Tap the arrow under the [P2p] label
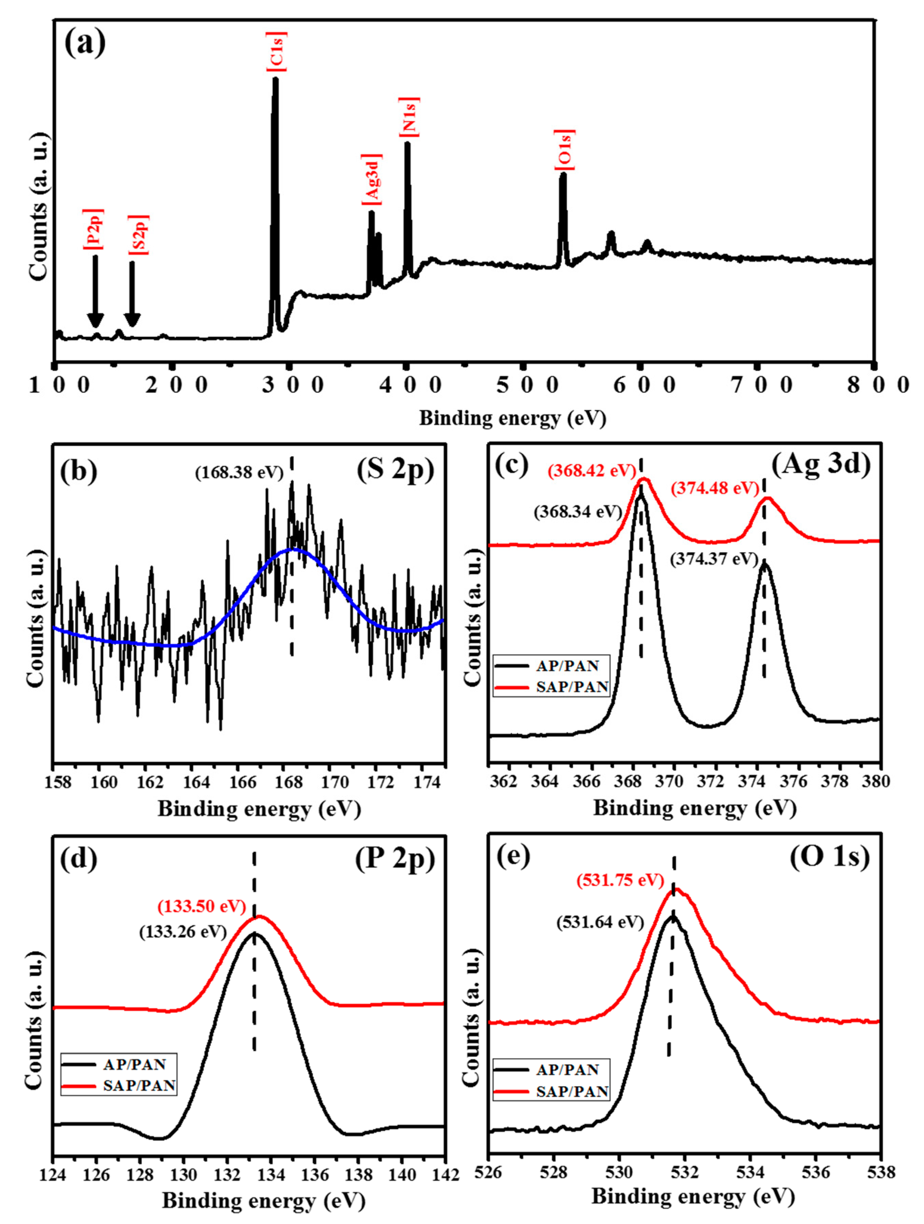pyautogui.click(x=95, y=291)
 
